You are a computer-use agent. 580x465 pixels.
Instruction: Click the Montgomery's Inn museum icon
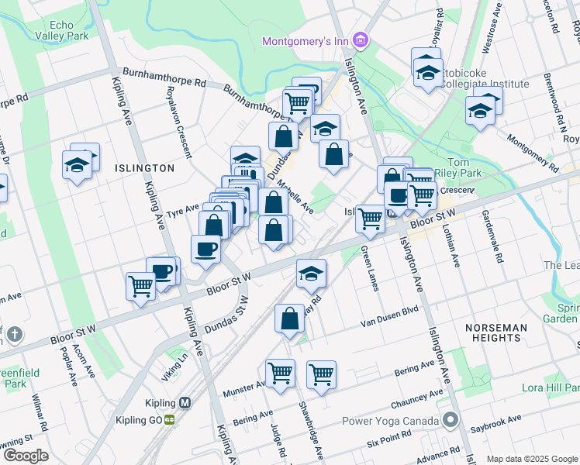360,40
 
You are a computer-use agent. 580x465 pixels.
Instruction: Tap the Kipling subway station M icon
185,403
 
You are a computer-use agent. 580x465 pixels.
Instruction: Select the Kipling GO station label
143,418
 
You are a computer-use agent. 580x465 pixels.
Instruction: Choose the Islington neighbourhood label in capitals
144,167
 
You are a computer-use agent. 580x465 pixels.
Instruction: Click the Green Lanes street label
370,268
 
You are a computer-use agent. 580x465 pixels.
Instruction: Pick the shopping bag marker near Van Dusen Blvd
289,319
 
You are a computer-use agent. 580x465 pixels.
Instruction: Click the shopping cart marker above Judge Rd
280,373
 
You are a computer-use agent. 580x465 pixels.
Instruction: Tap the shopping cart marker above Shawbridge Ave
321,374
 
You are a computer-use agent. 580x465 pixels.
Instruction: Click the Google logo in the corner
26,456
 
